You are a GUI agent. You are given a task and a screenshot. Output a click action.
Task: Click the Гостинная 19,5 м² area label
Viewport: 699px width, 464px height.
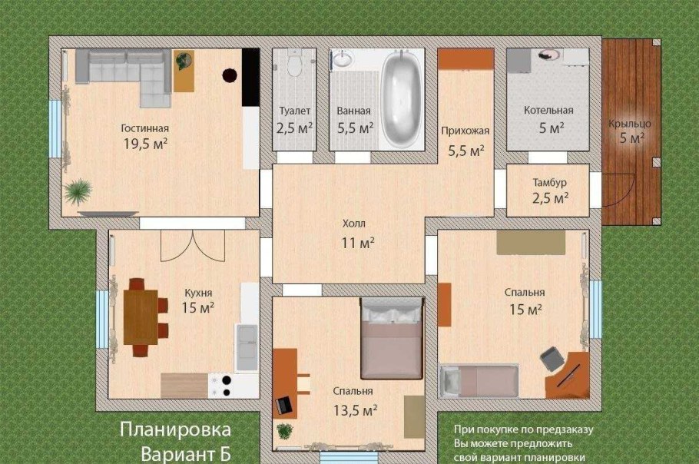pos(144,136)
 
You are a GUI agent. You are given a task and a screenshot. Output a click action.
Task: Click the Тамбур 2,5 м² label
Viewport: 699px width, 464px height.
pos(549,191)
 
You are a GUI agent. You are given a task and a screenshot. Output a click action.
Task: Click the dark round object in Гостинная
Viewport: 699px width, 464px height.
pos(229,75)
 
